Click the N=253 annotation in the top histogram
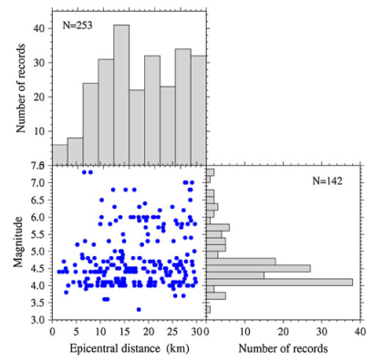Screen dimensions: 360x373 [83, 25]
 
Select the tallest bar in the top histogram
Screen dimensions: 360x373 [121, 92]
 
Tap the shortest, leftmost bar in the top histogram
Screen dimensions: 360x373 [59, 152]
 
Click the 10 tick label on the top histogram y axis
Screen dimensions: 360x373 [39, 130]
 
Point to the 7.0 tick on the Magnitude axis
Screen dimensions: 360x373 [38, 182]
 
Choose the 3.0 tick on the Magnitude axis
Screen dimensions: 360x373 [38, 320]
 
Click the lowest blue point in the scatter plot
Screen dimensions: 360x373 [139, 309]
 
